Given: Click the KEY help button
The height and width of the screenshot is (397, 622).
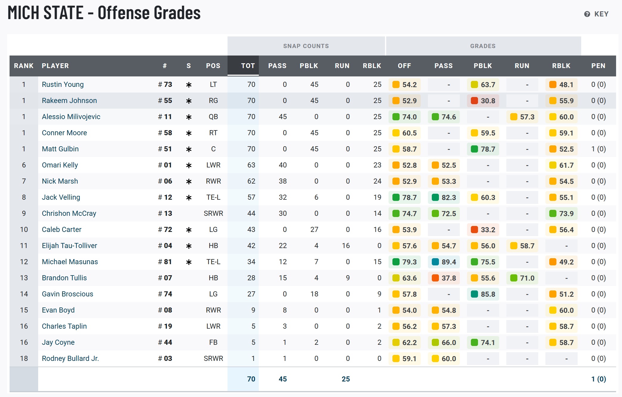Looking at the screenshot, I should coord(596,14).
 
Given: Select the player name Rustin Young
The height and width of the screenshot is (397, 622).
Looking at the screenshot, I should coord(63,84).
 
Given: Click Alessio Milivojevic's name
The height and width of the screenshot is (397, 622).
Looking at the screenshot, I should coord(71,117).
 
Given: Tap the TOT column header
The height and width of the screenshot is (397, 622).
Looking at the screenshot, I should coord(248,66).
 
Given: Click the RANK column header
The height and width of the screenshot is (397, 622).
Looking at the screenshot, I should coord(24,66).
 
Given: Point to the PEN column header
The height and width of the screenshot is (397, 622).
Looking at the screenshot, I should coord(598,66).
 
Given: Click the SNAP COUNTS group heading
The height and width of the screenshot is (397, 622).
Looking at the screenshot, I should coord(306,46).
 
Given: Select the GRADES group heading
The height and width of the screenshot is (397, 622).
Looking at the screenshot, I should coord(483,46).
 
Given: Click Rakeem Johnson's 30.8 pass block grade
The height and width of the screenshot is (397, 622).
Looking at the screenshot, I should coord(483,101).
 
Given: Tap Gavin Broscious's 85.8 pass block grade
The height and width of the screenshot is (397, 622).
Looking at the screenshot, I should coord(483,294).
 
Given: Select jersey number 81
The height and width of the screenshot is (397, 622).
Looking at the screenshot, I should coord(165,262).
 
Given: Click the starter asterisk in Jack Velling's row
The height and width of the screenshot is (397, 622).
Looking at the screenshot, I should coord(189,198).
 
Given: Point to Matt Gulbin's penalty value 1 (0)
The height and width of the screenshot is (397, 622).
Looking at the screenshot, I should coord(598,149).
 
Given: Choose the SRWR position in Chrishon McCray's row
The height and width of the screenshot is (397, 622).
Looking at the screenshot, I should coord(213,213).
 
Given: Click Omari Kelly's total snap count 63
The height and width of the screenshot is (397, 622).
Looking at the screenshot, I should coord(251,165).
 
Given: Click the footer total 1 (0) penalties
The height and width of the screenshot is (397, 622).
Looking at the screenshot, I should coord(598,379).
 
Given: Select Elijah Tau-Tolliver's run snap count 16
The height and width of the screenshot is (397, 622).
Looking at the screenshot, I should coord(346,246).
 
